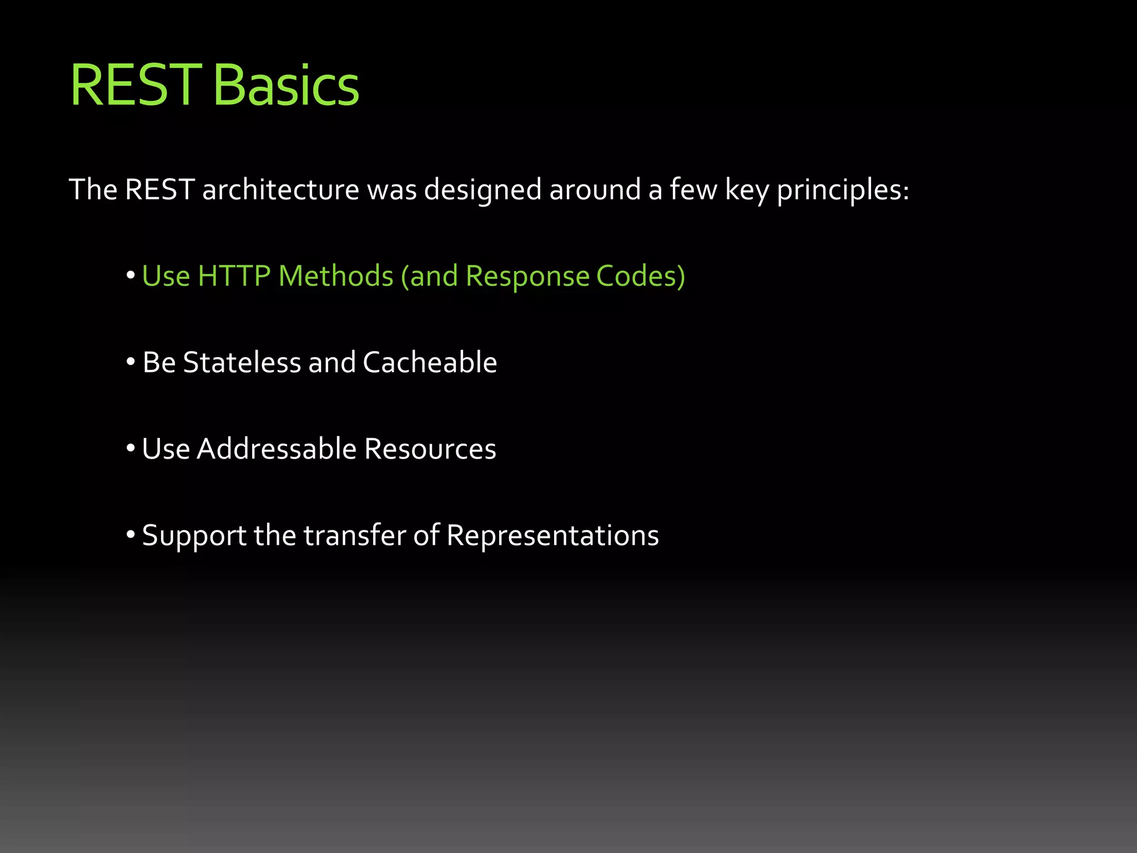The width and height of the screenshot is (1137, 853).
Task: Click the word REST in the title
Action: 135,86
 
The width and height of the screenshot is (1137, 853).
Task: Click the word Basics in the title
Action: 286,86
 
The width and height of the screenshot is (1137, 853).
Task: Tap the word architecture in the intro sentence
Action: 280,190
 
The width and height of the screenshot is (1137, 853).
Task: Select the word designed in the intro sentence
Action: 482,190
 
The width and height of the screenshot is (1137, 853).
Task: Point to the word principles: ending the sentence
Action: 843,190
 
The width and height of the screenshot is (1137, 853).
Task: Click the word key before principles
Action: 746,190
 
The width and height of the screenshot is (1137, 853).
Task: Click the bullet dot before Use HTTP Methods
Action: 131,275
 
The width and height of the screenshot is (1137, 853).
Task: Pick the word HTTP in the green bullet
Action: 234,276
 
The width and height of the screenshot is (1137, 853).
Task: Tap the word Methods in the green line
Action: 336,276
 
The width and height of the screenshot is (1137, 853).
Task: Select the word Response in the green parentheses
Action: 527,276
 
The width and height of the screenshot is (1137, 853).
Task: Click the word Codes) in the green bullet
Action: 641,276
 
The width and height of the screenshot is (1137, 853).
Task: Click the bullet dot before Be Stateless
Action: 131,362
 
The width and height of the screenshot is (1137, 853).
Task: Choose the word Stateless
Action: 242,363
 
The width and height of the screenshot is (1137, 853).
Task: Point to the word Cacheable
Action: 430,363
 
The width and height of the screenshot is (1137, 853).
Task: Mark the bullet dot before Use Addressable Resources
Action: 131,448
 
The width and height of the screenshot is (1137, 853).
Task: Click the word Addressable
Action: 276,449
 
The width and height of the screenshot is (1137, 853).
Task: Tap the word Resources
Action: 430,449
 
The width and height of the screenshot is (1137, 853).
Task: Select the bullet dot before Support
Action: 131,535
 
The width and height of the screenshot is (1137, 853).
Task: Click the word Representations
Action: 552,535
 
